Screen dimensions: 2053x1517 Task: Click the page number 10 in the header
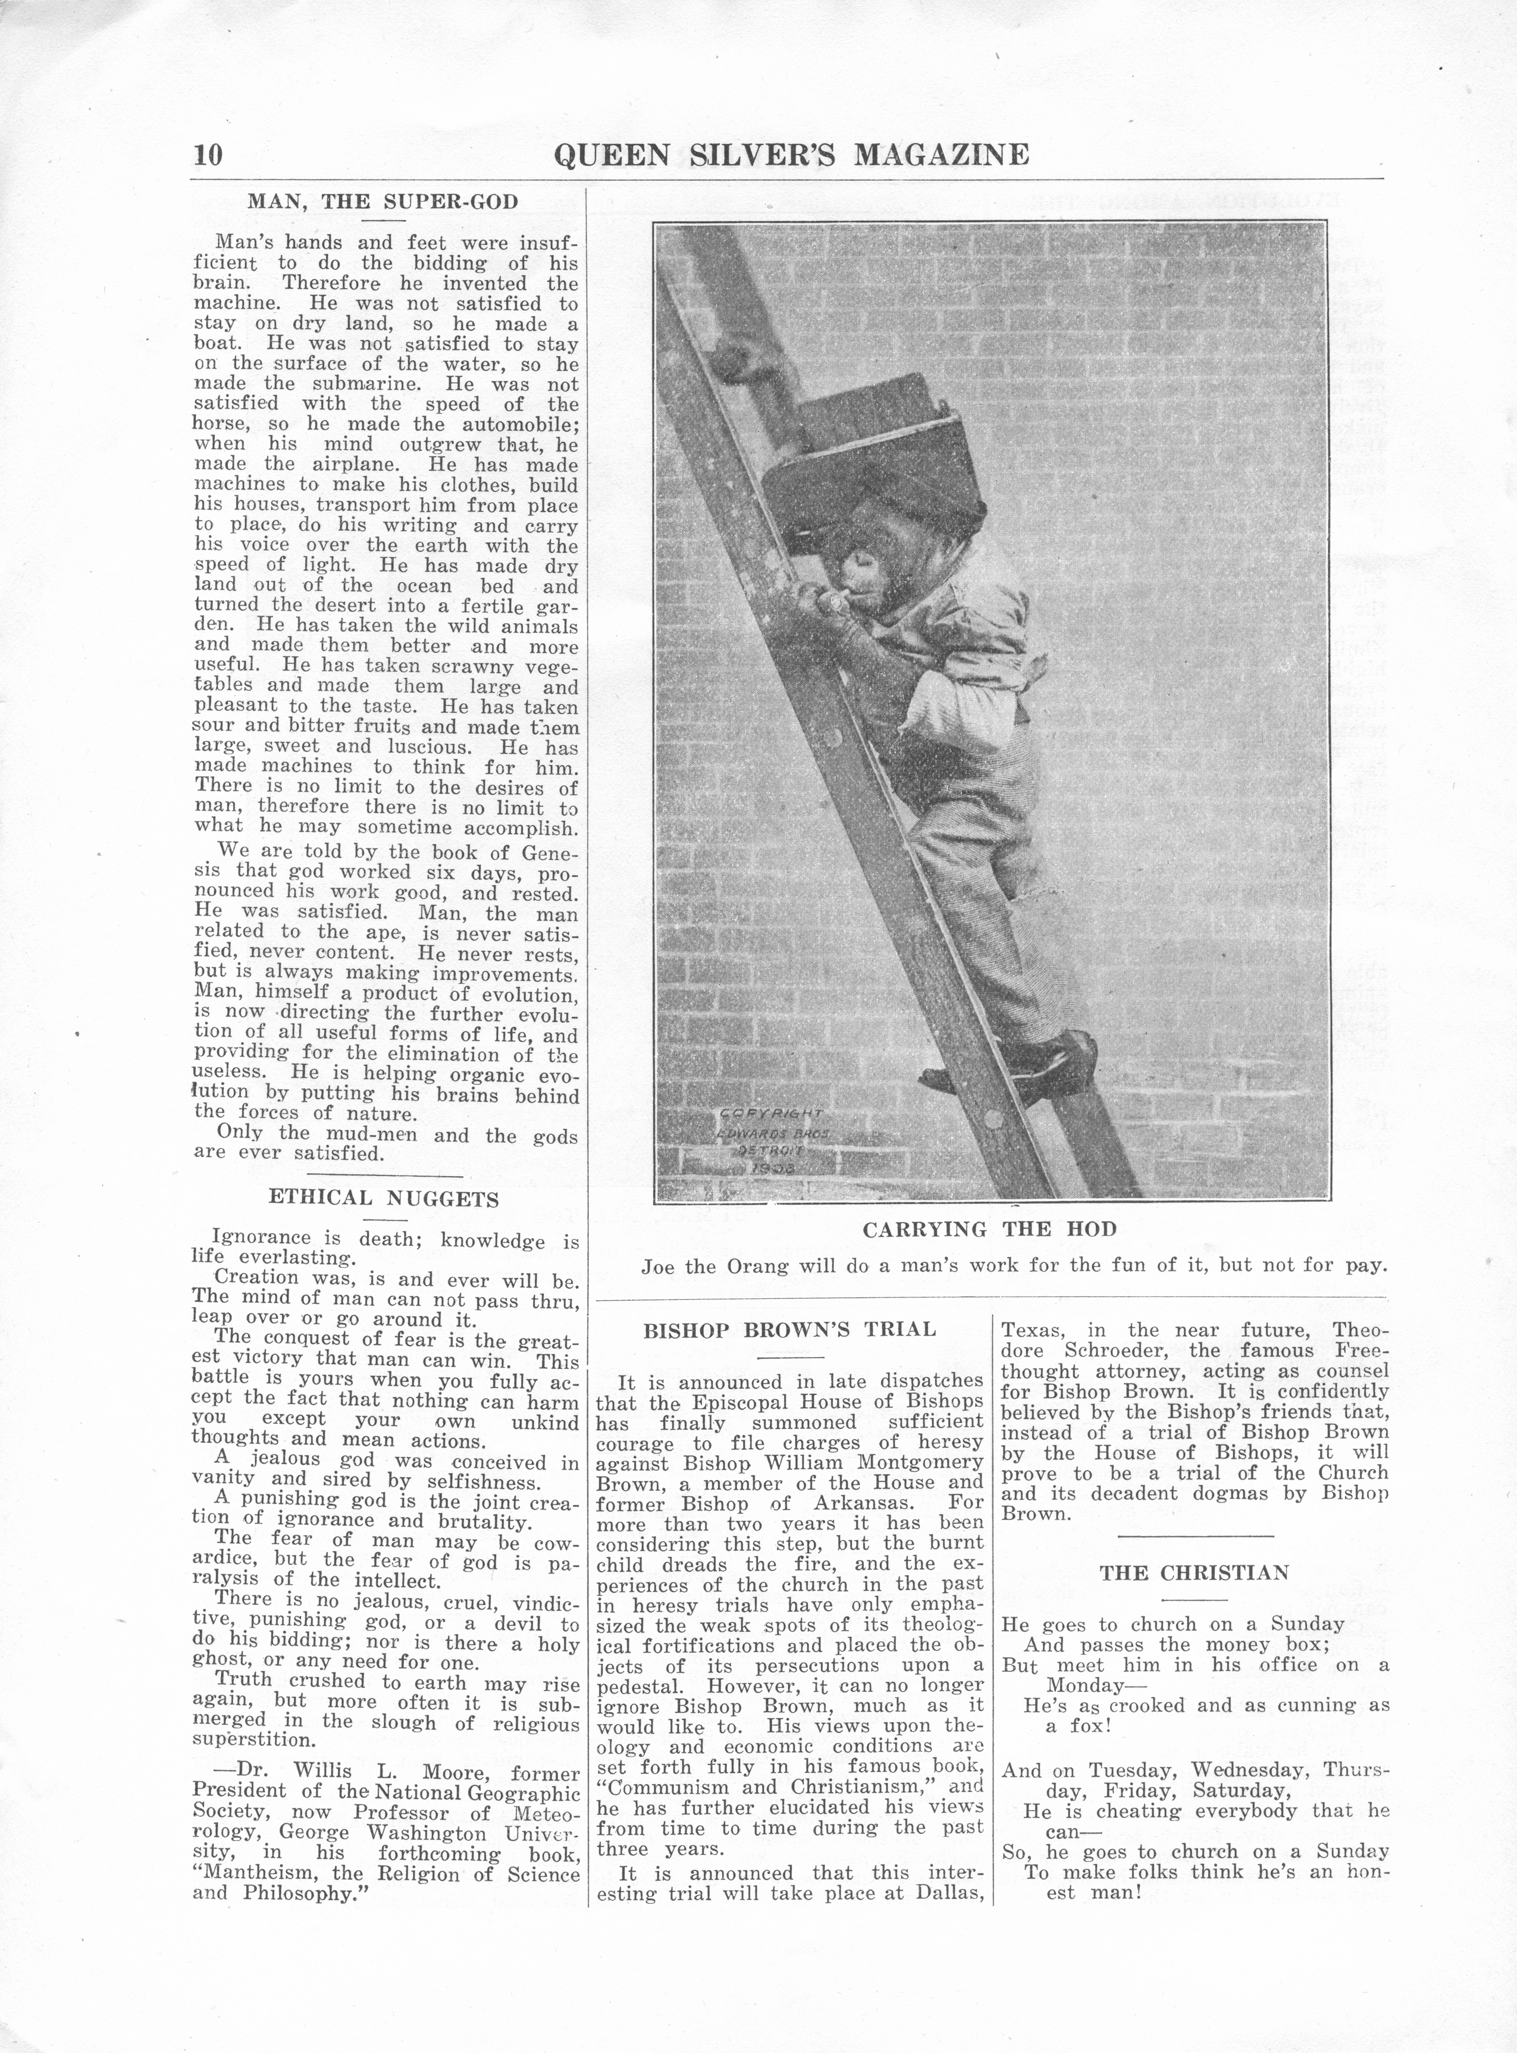click(208, 153)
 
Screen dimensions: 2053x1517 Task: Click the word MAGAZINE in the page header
click(941, 154)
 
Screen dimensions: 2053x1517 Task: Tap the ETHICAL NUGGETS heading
click(384, 1198)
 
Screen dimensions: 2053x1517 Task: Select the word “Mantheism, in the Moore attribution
click(258, 1875)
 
